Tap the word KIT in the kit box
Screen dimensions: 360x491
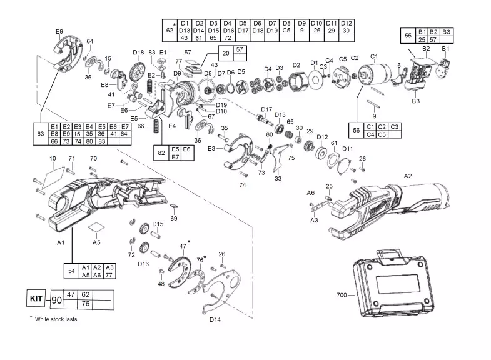[37, 299]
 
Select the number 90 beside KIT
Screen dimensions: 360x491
[57, 300]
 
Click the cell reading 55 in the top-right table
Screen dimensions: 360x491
[408, 36]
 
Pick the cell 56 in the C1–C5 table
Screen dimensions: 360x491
[357, 130]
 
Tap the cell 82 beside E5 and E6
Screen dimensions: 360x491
[161, 152]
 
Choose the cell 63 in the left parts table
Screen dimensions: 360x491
[41, 134]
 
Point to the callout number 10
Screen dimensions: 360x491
[53, 159]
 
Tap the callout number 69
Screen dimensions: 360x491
[174, 218]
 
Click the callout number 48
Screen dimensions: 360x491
[161, 284]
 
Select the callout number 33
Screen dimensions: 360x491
[278, 178]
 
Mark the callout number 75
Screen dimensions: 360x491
[291, 158]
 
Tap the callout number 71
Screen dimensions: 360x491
[71, 158]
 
